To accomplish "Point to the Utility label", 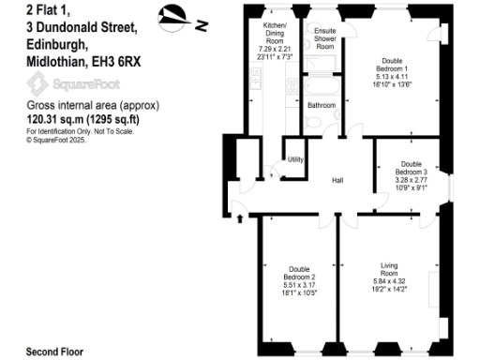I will [294, 160].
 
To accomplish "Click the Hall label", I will [339, 181].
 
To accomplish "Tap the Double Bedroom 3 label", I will [412, 169].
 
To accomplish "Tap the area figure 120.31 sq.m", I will [53, 119].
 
